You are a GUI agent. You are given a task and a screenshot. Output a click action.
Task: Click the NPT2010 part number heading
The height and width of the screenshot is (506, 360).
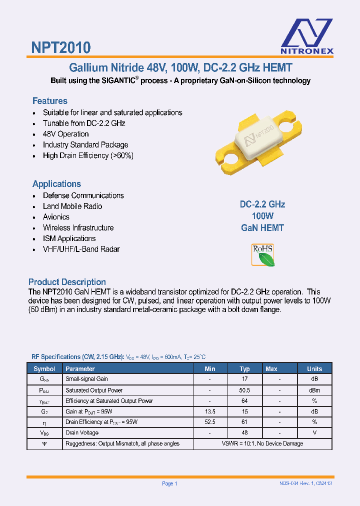click(x=61, y=47)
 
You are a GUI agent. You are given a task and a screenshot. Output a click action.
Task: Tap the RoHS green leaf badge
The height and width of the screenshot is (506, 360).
click(x=262, y=255)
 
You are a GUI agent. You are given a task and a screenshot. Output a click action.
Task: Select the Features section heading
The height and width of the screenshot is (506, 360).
click(x=50, y=101)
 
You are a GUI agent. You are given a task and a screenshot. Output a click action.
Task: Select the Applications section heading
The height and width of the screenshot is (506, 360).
click(x=56, y=184)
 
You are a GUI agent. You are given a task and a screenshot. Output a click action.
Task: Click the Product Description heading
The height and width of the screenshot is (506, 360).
click(x=67, y=282)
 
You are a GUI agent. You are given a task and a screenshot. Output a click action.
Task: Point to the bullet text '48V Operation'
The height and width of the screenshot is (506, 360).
click(x=65, y=134)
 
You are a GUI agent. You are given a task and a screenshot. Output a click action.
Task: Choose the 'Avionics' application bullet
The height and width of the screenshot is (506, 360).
click(x=56, y=217)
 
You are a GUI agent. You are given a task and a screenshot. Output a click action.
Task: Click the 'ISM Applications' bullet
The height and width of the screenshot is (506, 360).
click(x=69, y=238)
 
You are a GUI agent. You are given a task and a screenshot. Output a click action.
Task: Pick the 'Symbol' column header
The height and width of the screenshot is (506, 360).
click(x=44, y=369)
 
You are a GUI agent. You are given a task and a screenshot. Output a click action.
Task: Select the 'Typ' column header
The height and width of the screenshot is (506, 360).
click(x=244, y=369)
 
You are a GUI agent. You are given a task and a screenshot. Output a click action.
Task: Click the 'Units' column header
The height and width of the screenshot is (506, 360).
click(x=314, y=369)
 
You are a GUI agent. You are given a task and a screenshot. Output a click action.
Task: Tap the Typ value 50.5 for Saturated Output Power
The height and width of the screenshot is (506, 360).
click(x=244, y=390)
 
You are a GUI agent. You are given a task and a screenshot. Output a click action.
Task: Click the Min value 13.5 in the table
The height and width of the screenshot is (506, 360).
click(x=210, y=411)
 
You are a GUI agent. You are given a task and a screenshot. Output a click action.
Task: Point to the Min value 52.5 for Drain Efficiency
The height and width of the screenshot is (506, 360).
click(x=210, y=422)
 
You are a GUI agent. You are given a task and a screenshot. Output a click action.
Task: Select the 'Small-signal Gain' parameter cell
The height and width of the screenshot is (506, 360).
click(x=86, y=379)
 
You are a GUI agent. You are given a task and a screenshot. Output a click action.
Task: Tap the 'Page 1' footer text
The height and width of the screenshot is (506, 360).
click(x=169, y=483)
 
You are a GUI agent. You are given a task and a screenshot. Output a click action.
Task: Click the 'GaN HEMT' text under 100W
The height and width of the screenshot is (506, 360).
click(x=262, y=228)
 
